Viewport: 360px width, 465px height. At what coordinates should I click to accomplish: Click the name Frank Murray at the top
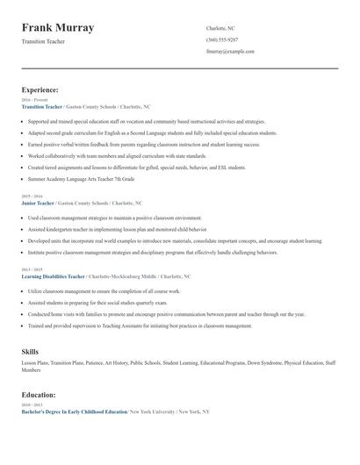(x=58, y=28)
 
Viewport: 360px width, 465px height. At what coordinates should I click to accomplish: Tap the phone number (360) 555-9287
(x=221, y=40)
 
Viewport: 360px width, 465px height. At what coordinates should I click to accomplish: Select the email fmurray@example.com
(x=230, y=52)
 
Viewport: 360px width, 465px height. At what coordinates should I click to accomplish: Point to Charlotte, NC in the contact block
(x=220, y=28)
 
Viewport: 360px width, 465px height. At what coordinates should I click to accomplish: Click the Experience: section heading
(x=40, y=89)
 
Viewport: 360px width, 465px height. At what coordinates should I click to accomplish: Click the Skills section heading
(x=30, y=351)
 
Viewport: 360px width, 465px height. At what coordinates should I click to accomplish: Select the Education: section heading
(x=39, y=395)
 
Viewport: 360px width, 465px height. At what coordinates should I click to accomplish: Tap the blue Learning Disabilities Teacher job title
(x=53, y=276)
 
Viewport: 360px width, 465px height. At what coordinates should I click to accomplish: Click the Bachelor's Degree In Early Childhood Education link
(x=74, y=411)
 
